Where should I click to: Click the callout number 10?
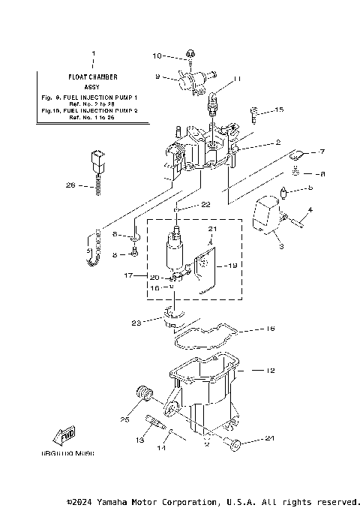[157, 56]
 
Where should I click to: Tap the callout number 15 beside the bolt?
[279, 110]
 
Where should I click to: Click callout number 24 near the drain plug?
[269, 438]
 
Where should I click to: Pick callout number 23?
[136, 323]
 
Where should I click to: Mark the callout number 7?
[322, 152]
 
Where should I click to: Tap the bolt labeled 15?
[254, 114]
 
